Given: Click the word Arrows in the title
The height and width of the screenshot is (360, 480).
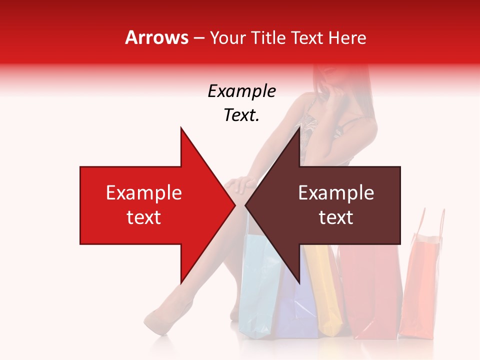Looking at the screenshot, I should coord(157,37).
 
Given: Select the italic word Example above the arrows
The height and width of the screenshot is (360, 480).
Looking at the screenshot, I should coord(242,91).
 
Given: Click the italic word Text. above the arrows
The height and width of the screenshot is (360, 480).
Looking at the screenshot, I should coord(242,115).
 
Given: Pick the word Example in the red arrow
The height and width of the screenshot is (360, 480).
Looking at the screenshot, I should coord(144,193).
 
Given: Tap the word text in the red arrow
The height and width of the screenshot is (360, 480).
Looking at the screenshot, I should coord(144,217).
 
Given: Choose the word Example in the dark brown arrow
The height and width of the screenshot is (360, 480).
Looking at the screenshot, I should coord(336,193).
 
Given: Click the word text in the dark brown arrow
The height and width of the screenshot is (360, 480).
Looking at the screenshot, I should coord(336,217).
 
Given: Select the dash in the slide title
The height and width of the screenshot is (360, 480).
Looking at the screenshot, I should coord(198,38).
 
